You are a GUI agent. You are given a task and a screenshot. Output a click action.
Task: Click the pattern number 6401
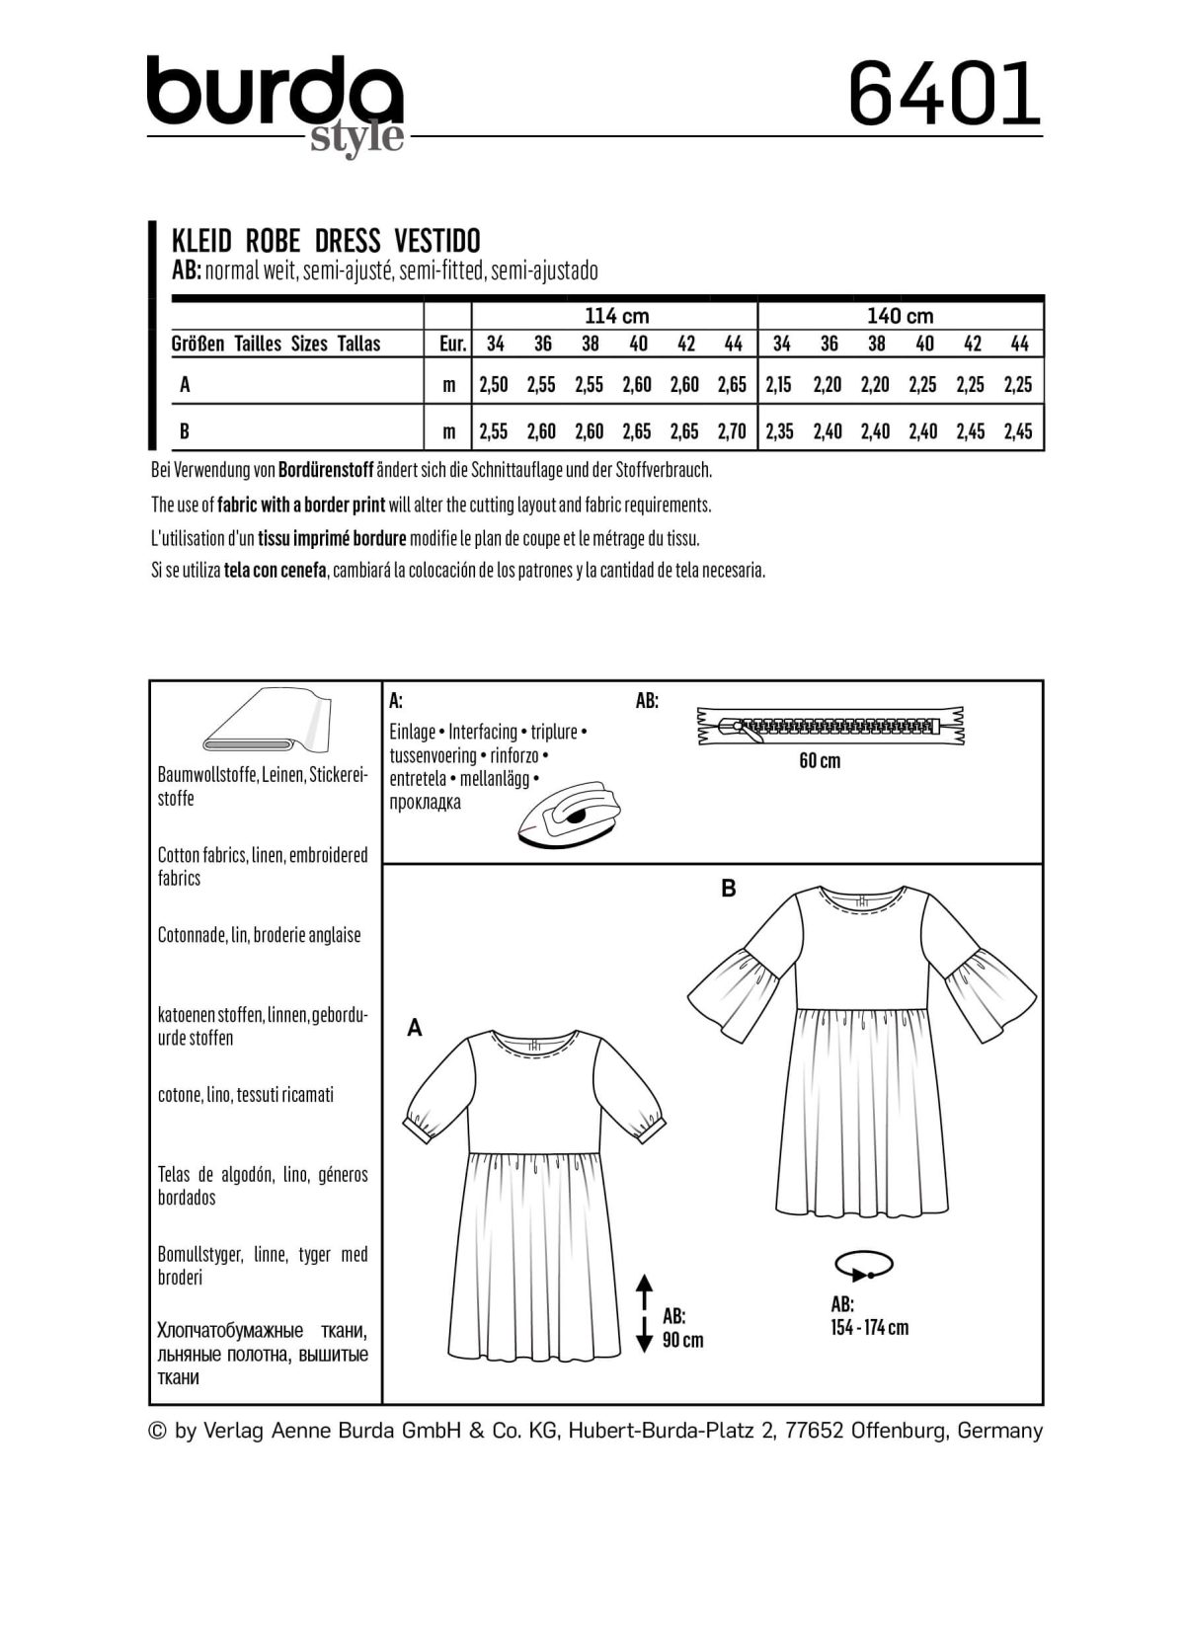click(944, 94)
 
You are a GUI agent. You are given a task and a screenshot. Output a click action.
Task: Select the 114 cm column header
click(616, 316)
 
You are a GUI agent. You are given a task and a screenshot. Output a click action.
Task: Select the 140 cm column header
click(900, 316)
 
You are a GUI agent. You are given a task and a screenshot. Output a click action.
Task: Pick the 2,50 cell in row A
click(493, 385)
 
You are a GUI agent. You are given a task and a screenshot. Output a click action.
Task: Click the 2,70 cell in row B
click(732, 431)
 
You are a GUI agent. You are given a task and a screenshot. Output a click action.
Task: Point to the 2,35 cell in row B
click(779, 431)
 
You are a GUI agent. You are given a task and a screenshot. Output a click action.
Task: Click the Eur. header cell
click(450, 344)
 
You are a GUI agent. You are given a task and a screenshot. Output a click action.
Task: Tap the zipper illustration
click(830, 726)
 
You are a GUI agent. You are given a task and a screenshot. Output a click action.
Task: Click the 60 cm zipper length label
click(820, 761)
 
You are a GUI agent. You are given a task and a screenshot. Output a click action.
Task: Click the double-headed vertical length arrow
click(644, 1312)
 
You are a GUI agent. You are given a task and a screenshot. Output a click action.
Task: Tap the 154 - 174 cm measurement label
click(869, 1328)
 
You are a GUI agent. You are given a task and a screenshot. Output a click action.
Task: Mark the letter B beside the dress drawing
click(729, 889)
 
